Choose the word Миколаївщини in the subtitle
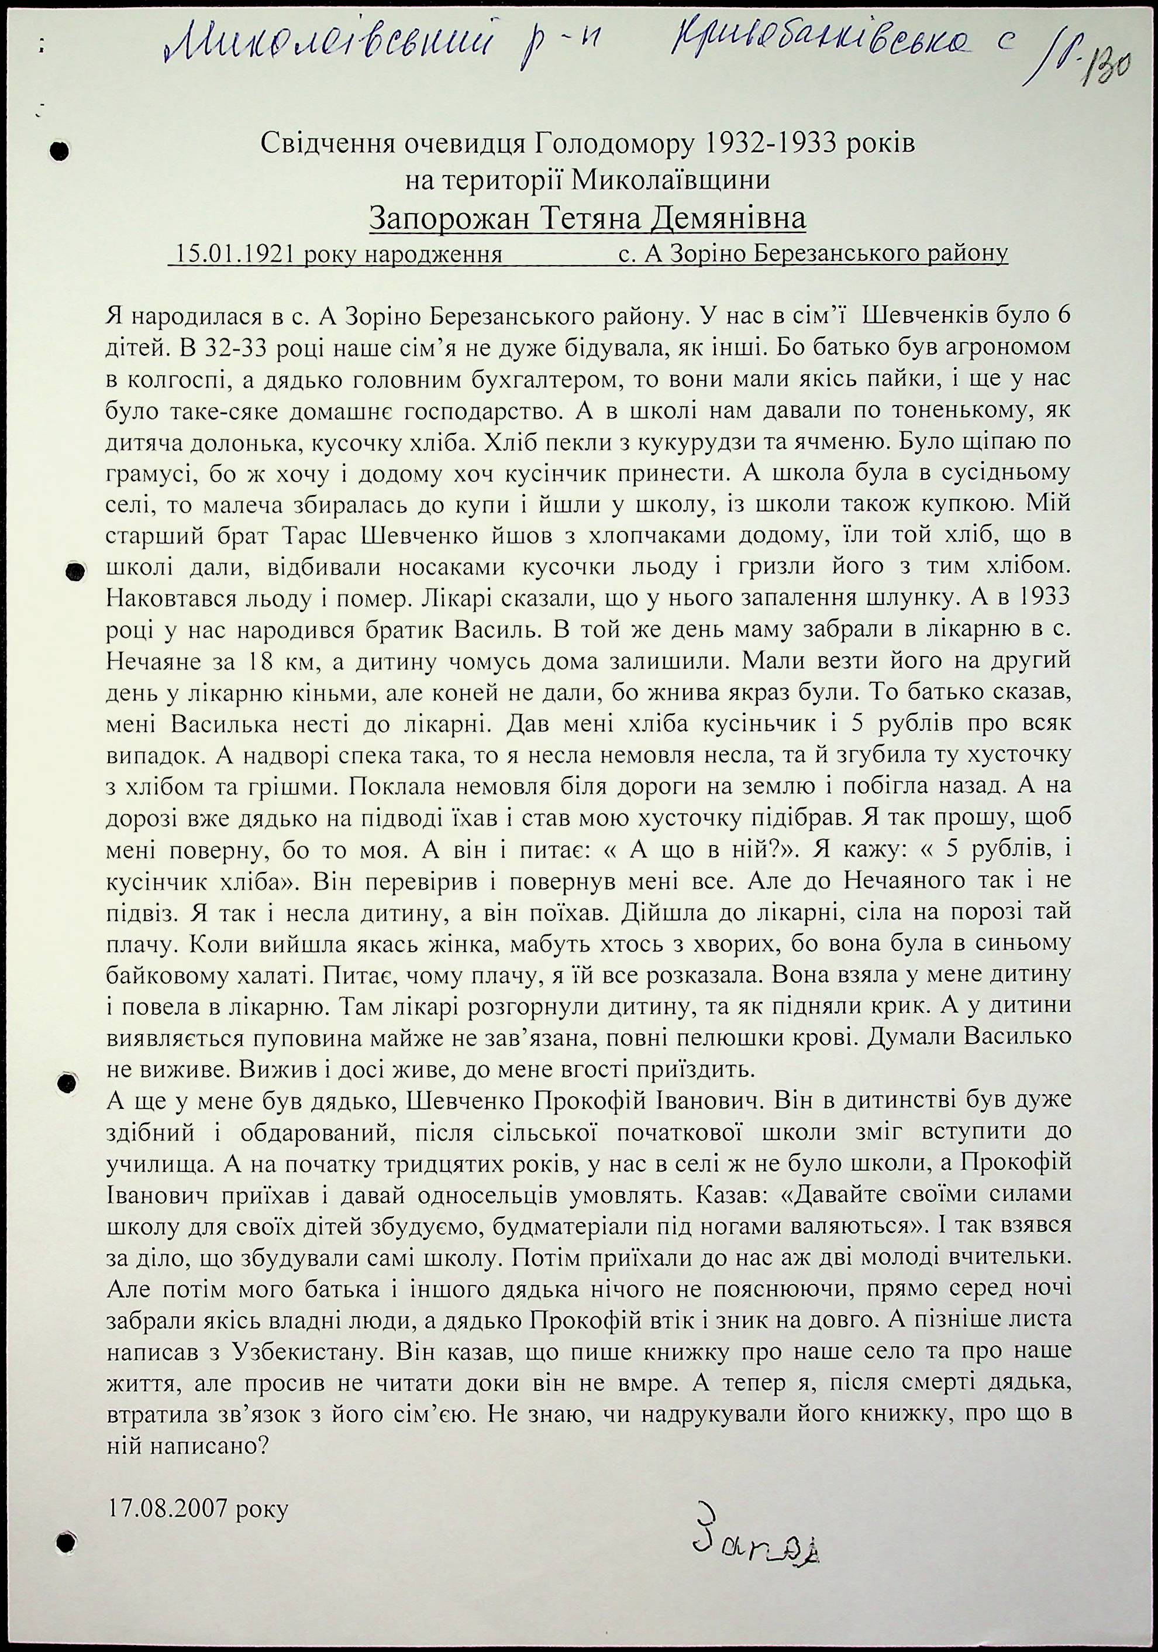click(x=670, y=180)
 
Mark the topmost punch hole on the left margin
click(x=61, y=151)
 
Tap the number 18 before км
click(x=263, y=661)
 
